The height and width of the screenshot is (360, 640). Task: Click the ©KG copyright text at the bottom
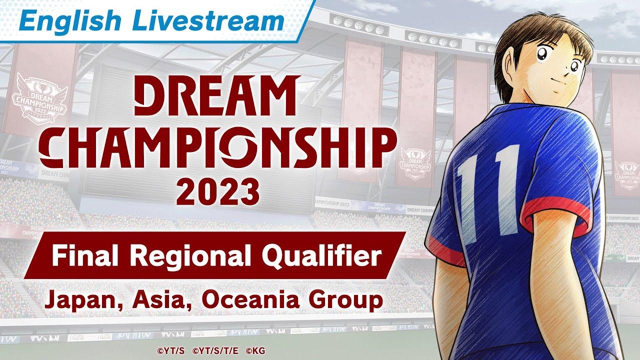pos(255,350)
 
